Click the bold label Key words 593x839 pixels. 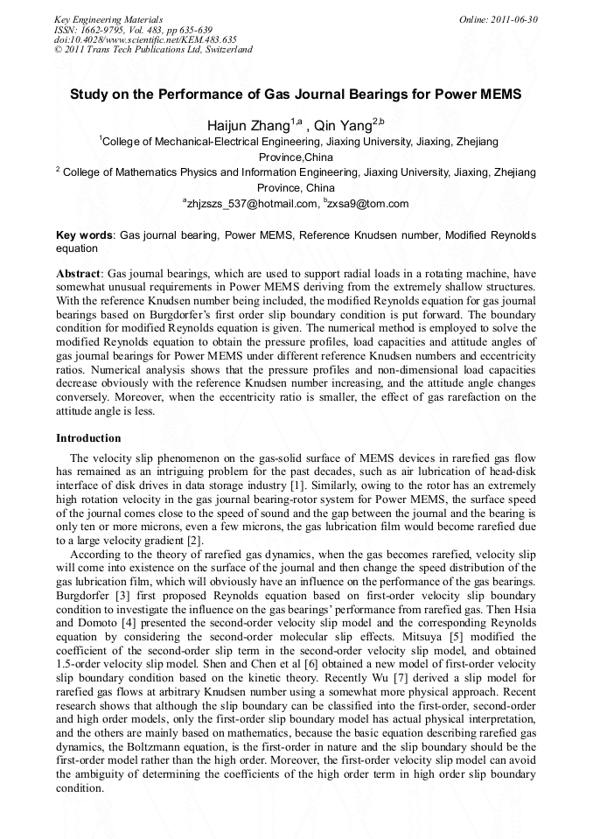pos(85,236)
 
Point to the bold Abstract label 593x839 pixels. pos(79,273)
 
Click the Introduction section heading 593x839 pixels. pos(88,437)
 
